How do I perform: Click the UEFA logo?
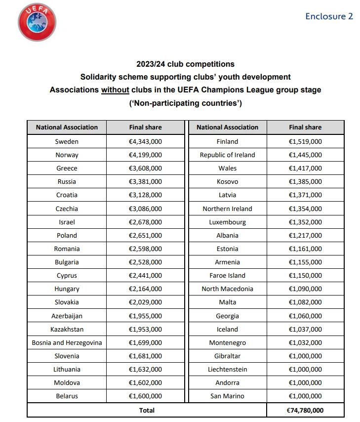pyautogui.click(x=37, y=22)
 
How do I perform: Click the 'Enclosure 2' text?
pyautogui.click(x=329, y=16)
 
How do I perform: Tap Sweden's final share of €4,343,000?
pyautogui.click(x=145, y=141)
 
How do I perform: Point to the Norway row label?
pyautogui.click(x=67, y=155)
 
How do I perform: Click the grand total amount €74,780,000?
pyautogui.click(x=305, y=410)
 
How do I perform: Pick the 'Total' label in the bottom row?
pyautogui.click(x=147, y=410)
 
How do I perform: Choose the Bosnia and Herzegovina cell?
pyautogui.click(x=67, y=342)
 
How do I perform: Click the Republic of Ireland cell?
pyautogui.click(x=227, y=155)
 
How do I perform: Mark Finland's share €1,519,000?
pyautogui.click(x=305, y=141)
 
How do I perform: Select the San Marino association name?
pyautogui.click(x=227, y=396)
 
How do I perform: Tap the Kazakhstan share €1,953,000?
pyautogui.click(x=145, y=329)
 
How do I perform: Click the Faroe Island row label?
pyautogui.click(x=227, y=275)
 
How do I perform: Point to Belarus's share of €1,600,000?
pyautogui.click(x=145, y=396)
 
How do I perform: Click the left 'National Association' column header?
pyautogui.click(x=67, y=127)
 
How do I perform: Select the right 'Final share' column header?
pyautogui.click(x=305, y=127)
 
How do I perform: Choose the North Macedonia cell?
pyautogui.click(x=227, y=289)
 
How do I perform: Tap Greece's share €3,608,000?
pyautogui.click(x=145, y=168)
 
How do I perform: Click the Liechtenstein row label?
pyautogui.click(x=227, y=369)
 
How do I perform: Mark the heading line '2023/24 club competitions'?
pyautogui.click(x=185, y=64)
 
